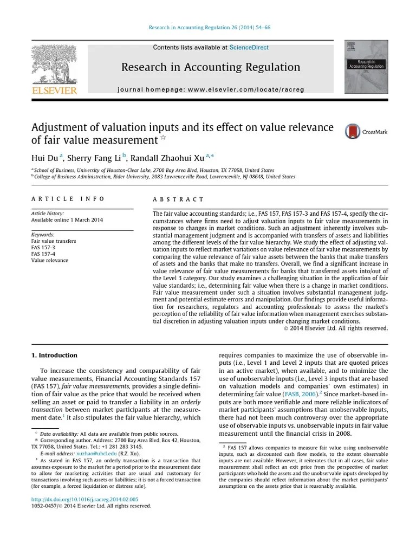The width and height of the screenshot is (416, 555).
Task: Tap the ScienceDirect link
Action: (x=249, y=48)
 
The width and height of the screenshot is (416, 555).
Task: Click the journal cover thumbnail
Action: (x=366, y=67)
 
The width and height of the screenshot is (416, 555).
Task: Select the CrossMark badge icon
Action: (x=353, y=132)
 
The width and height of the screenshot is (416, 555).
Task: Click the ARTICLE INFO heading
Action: (x=68, y=199)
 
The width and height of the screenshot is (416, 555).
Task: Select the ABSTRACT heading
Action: (x=178, y=199)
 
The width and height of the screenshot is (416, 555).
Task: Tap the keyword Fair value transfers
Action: (x=54, y=241)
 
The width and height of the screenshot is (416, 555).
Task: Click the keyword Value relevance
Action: (x=50, y=260)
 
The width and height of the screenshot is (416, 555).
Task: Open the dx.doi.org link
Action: (x=84, y=499)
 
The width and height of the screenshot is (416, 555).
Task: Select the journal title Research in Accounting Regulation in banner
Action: (x=210, y=67)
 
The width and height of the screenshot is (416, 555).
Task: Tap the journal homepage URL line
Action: (x=211, y=89)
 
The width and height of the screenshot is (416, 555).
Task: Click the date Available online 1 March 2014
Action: (x=67, y=220)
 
